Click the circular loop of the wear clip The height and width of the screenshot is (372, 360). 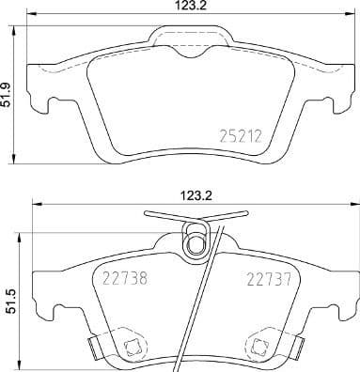tap(196, 245)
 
